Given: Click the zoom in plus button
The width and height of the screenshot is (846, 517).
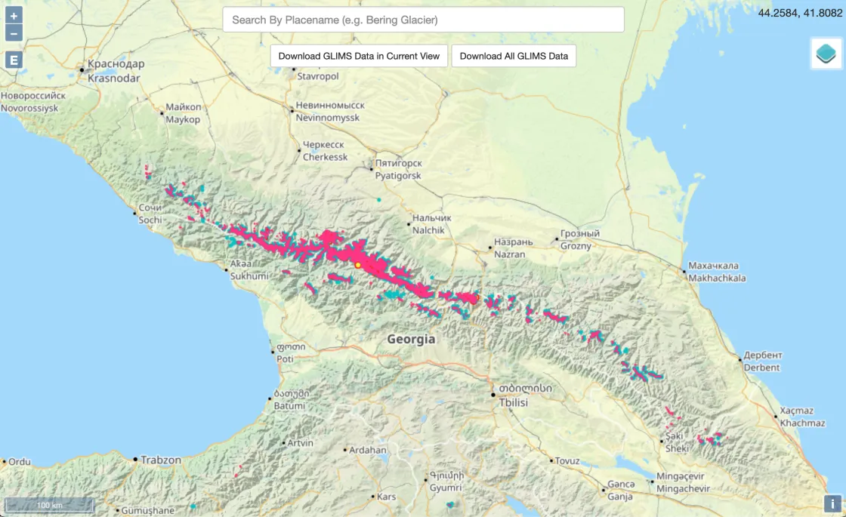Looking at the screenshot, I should click(14, 16).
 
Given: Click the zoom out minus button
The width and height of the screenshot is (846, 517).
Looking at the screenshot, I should click(14, 33).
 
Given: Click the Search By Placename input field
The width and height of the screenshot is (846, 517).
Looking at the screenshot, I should click(423, 20).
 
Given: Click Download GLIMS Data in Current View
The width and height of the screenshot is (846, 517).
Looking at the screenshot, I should click(360, 56).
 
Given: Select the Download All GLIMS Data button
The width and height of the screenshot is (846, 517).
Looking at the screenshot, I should click(514, 56).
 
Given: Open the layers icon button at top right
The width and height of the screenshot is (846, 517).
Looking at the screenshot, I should click(826, 54).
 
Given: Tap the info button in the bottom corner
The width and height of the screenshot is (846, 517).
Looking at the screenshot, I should click(832, 503).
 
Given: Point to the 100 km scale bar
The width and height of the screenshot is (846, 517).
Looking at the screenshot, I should click(49, 504).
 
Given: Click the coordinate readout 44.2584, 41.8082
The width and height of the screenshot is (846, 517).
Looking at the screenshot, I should click(800, 12).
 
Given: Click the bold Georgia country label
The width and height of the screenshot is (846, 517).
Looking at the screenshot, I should click(411, 340).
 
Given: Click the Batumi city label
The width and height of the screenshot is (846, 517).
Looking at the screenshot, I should click(290, 400).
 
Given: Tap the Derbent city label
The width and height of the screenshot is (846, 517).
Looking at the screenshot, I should click(761, 362).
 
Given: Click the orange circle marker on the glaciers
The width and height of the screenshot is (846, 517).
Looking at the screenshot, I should click(358, 265).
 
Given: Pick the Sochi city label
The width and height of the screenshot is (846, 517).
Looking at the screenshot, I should click(150, 214).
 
